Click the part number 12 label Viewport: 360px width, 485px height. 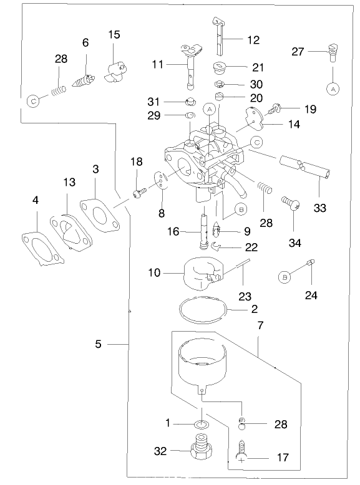pos(253,40)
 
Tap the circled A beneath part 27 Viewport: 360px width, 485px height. pos(333,89)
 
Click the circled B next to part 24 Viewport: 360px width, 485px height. pos(285,276)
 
